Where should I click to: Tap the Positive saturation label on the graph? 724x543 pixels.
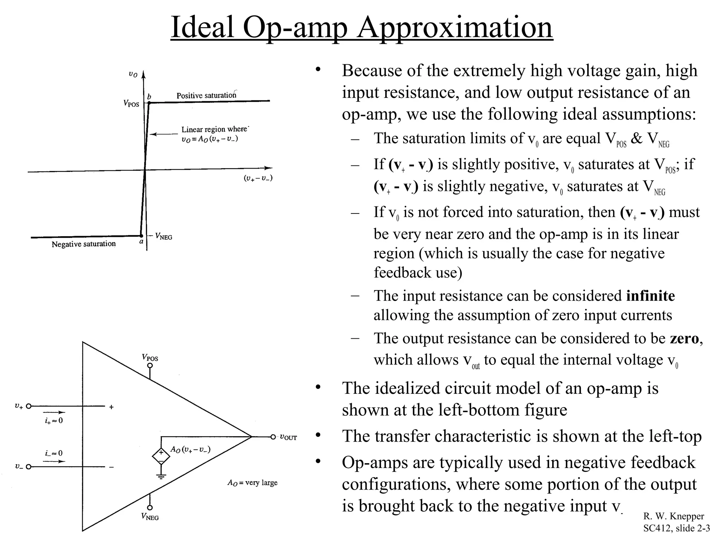[x=206, y=95]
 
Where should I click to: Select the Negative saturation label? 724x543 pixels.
[x=84, y=244]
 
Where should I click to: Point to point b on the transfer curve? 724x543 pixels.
[x=149, y=103]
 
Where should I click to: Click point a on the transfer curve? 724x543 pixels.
[x=141, y=236]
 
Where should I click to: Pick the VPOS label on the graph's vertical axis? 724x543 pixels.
[x=131, y=103]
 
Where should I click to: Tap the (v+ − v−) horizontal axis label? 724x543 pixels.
[x=258, y=178]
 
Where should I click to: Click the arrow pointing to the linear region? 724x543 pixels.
[x=163, y=134]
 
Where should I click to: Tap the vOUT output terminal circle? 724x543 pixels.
[x=273, y=437]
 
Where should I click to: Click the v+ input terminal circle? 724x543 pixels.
[x=29, y=407]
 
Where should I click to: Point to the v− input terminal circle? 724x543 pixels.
[x=29, y=467]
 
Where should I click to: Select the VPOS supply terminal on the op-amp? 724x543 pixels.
[x=150, y=366]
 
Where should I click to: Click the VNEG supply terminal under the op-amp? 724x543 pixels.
[x=150, y=508]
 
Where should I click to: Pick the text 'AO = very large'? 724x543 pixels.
[x=252, y=483]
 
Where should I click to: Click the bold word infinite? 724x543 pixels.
[x=650, y=296]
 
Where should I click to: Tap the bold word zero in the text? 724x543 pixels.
[x=684, y=339]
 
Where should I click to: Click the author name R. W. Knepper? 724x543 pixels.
[x=673, y=516]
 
